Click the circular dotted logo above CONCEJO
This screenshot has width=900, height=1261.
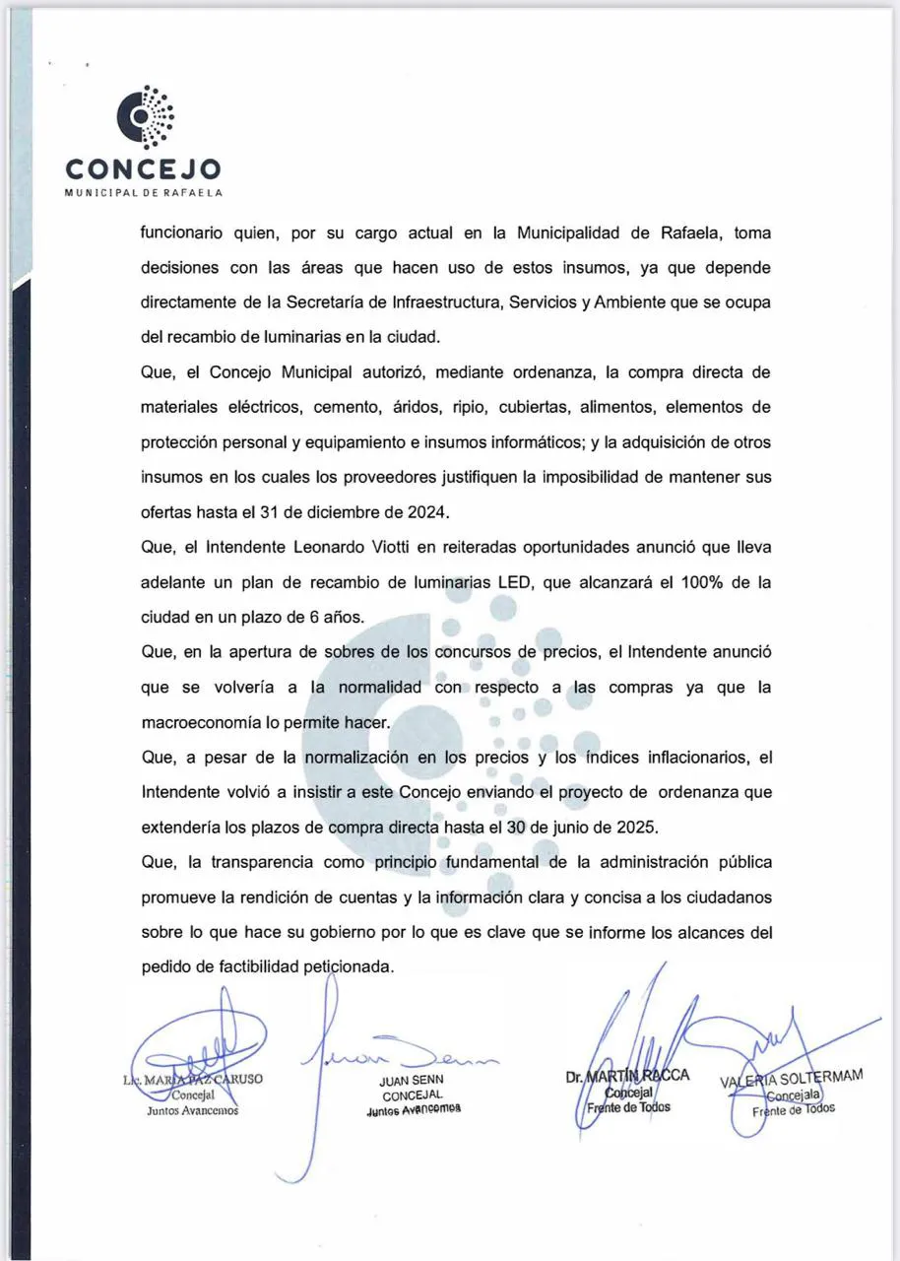(x=147, y=117)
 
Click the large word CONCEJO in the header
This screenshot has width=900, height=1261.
(x=143, y=168)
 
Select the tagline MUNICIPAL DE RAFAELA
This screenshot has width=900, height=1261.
(x=143, y=191)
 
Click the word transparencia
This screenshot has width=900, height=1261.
(x=258, y=862)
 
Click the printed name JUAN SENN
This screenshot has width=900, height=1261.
(x=413, y=1081)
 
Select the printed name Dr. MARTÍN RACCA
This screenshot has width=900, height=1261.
(x=628, y=1076)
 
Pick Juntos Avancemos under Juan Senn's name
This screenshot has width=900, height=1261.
(x=413, y=1109)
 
